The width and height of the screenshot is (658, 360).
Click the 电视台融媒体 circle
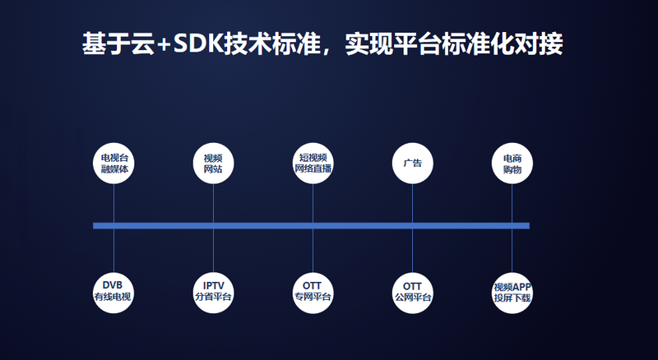point(114,164)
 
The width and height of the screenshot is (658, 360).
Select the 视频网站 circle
point(213,164)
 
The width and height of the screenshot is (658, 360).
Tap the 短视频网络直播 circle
point(313,164)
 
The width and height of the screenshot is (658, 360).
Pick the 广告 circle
point(413,164)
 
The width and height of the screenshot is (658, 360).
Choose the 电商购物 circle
point(512,164)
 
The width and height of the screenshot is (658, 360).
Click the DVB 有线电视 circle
point(114,293)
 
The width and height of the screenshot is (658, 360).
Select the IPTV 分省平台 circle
point(213,293)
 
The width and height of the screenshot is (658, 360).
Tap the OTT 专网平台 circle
point(313,293)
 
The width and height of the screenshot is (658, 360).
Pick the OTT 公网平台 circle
point(413,293)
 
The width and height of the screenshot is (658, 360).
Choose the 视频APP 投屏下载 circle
point(512,293)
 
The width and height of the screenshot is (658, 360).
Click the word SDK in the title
point(198,44)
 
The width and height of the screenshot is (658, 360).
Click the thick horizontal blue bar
point(311,226)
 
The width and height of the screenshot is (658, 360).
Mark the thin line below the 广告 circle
point(413,203)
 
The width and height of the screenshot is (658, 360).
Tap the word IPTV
point(214,286)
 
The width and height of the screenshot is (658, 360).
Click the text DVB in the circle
point(113,285)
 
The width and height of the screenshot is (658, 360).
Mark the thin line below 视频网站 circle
point(213,203)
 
